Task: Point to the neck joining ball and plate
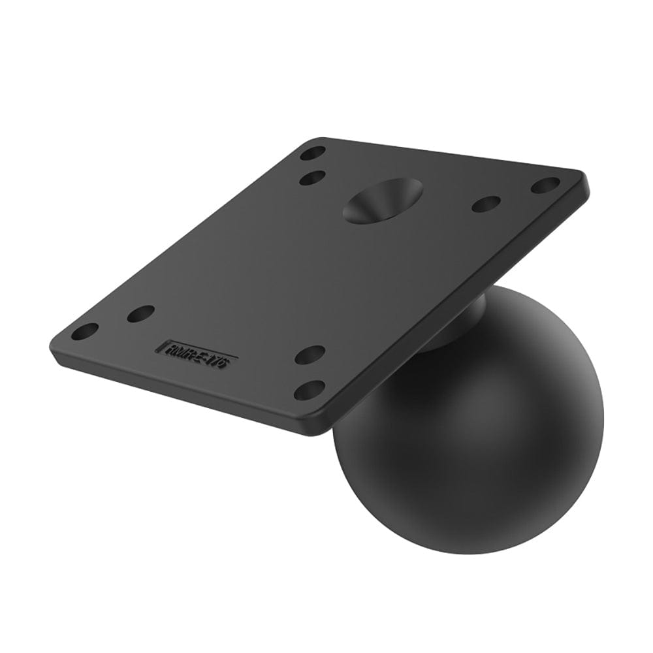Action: [451, 326]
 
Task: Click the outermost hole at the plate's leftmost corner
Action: [84, 331]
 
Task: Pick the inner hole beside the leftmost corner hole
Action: [140, 313]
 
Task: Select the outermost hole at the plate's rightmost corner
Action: [545, 185]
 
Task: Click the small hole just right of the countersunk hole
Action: [486, 204]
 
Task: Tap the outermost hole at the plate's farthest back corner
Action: [313, 154]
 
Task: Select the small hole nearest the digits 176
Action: [310, 355]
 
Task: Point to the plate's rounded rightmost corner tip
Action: [584, 178]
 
